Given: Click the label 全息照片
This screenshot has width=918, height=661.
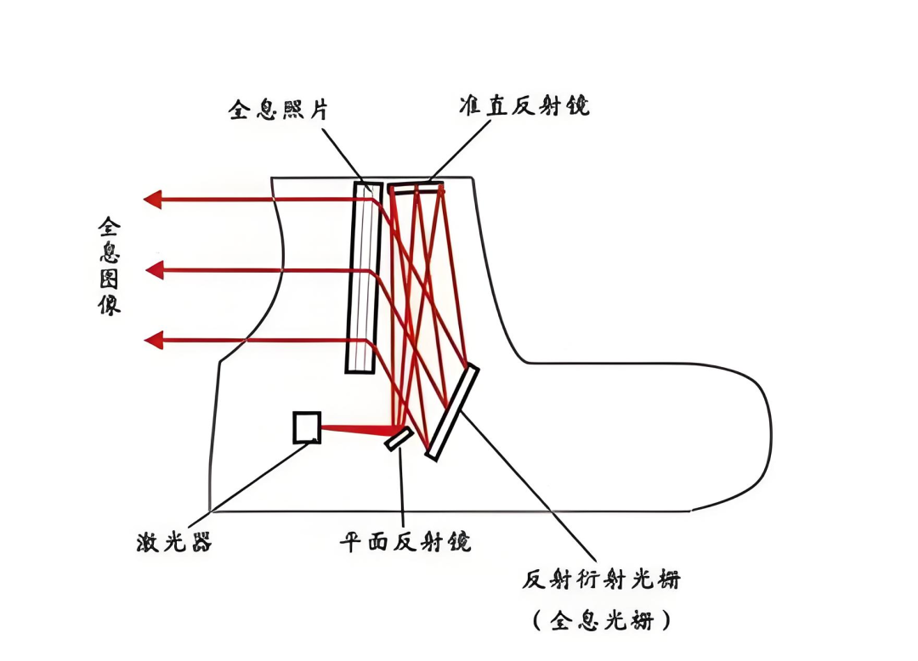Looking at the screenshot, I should [x=278, y=110].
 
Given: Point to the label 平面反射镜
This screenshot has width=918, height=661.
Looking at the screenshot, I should [x=405, y=541].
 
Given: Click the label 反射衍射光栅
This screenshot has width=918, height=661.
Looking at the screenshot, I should [x=602, y=580].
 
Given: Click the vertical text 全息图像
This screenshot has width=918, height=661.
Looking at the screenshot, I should [x=110, y=266].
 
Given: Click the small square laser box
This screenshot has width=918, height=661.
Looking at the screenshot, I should [x=307, y=427].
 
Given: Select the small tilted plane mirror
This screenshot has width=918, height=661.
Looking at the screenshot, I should [x=399, y=438].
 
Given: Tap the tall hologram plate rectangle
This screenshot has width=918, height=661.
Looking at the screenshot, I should [x=364, y=277].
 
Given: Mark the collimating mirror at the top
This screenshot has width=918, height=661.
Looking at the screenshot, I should [x=416, y=187].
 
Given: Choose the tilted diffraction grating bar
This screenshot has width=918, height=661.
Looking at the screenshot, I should [x=452, y=412].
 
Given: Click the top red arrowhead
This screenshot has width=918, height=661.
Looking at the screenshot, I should [x=153, y=200].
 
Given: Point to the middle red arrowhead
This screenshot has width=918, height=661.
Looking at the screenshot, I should [x=155, y=270].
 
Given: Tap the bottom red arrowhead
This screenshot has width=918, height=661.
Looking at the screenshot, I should [x=153, y=341].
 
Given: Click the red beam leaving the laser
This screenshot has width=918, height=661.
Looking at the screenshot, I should [x=357, y=429].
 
